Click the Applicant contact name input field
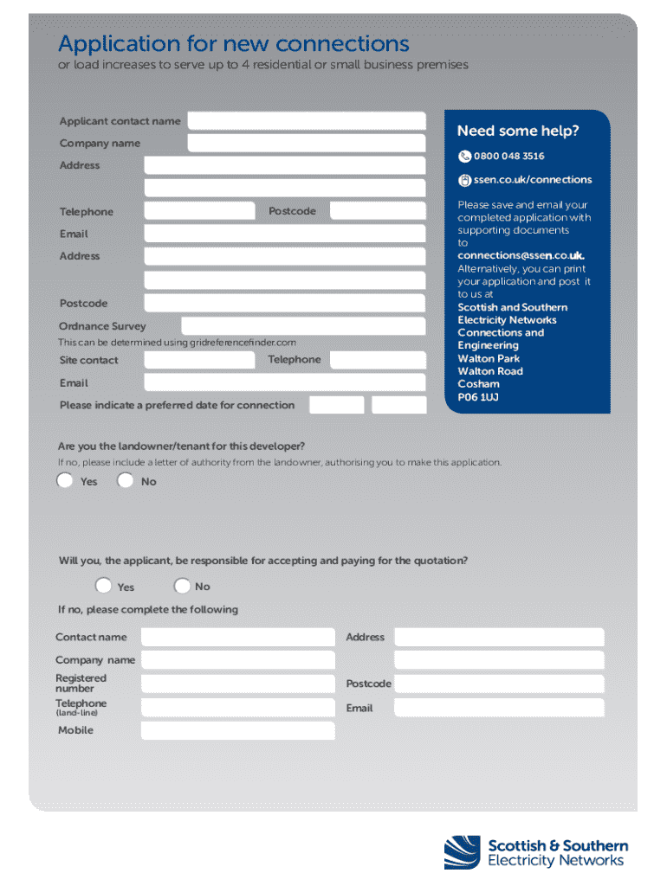click(306, 121)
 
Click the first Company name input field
click(306, 144)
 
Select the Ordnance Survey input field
click(303, 326)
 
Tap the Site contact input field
click(199, 360)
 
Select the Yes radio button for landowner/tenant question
click(65, 481)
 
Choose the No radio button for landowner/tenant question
click(126, 481)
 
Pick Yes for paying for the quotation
click(104, 586)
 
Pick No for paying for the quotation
click(182, 586)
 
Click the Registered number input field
click(237, 684)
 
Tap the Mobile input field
click(237, 731)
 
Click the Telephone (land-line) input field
click(237, 708)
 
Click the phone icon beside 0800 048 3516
click(464, 157)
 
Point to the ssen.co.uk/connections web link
click(532, 180)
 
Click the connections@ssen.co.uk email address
click(521, 256)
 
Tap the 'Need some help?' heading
click(518, 132)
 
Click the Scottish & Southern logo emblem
click(462, 852)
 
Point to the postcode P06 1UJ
click(478, 397)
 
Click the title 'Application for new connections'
click(234, 43)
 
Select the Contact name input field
click(237, 638)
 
